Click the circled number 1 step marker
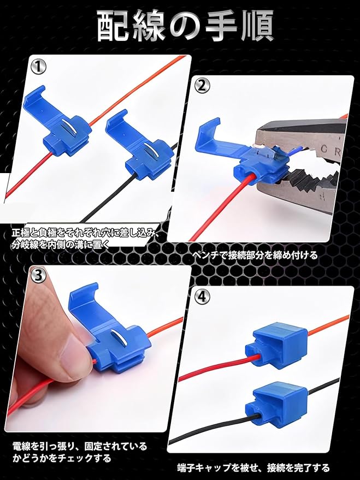(39, 67)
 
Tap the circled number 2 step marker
(202, 87)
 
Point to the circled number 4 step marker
(202, 296)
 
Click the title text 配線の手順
(185, 26)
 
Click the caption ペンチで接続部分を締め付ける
(255, 255)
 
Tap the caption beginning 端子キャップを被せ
(253, 468)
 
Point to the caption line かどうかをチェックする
(62, 458)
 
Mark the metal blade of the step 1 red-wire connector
(69, 127)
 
